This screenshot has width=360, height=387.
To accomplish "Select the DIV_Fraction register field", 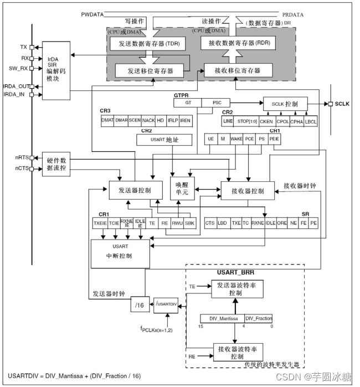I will [x=258, y=319].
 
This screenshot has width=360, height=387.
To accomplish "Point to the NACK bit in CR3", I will [x=148, y=120].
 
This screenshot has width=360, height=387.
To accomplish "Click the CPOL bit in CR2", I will [x=281, y=121].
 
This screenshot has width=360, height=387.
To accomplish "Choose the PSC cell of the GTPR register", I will [x=217, y=103].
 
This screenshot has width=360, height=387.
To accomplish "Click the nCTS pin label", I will [x=22, y=168].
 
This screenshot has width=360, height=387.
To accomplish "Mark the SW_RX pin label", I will [x=19, y=68].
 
